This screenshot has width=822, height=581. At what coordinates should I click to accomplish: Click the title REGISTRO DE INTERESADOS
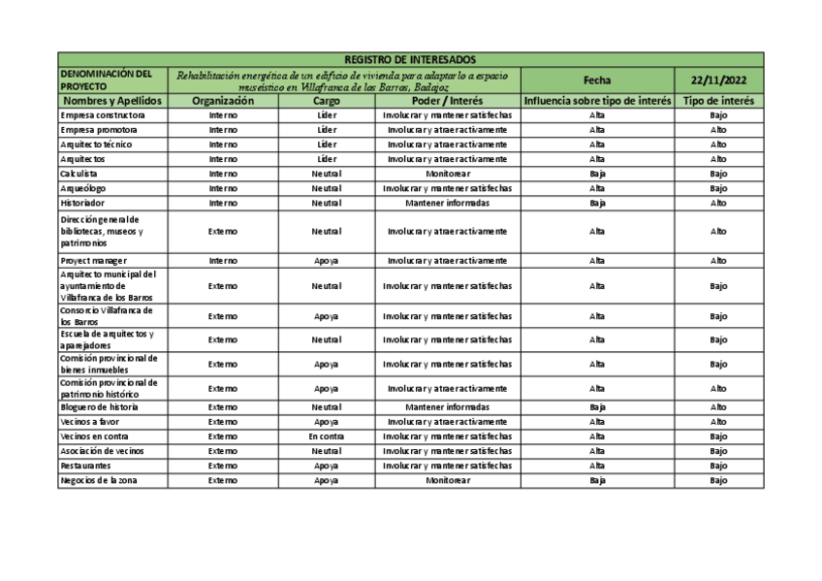pyautogui.click(x=411, y=59)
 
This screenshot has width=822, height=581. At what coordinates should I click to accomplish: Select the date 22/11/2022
pyautogui.click(x=718, y=80)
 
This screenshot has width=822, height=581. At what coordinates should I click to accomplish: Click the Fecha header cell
pyautogui.click(x=597, y=80)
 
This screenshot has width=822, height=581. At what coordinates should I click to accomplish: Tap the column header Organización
pyautogui.click(x=223, y=101)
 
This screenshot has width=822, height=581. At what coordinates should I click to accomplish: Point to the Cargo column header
pyautogui.click(x=327, y=101)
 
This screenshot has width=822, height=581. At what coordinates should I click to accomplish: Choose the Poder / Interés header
pyautogui.click(x=447, y=101)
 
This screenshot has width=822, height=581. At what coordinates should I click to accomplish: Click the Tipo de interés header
pyautogui.click(x=718, y=101)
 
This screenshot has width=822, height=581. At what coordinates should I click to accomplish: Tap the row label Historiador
pyautogui.click(x=83, y=203)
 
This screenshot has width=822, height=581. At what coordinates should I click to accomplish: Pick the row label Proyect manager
pyautogui.click(x=94, y=261)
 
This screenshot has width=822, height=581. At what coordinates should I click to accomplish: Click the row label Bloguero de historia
pyautogui.click(x=99, y=407)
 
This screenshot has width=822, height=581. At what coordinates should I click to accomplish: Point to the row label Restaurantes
pyautogui.click(x=85, y=466)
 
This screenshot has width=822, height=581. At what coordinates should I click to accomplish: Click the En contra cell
pyautogui.click(x=327, y=436)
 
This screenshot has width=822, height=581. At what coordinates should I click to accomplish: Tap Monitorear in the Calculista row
pyautogui.click(x=447, y=174)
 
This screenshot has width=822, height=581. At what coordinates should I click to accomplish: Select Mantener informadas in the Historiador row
pyautogui.click(x=447, y=203)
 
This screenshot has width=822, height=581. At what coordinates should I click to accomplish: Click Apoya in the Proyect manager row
pyautogui.click(x=327, y=261)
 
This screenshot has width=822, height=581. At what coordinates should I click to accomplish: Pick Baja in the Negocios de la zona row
pyautogui.click(x=597, y=480)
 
